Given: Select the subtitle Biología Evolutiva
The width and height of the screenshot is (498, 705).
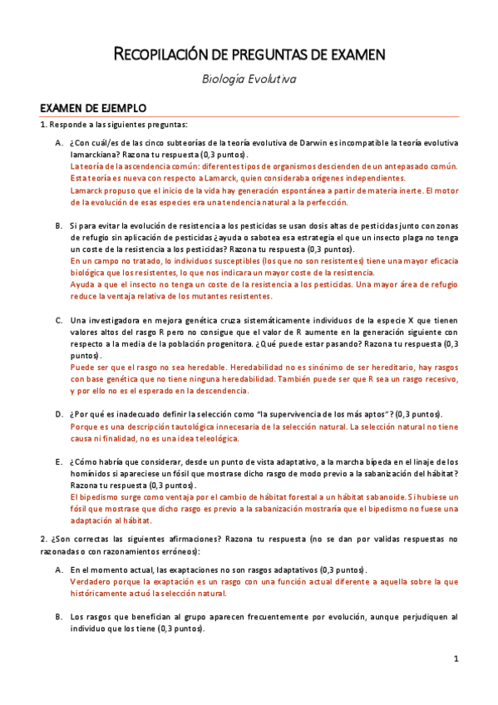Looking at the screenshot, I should pos(249,80).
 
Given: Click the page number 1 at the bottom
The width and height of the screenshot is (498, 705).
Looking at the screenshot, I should pos(456,659).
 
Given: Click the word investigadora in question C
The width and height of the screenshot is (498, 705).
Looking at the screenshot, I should pos(126,320).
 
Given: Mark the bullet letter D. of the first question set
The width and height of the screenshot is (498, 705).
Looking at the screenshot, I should pos(59,414).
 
